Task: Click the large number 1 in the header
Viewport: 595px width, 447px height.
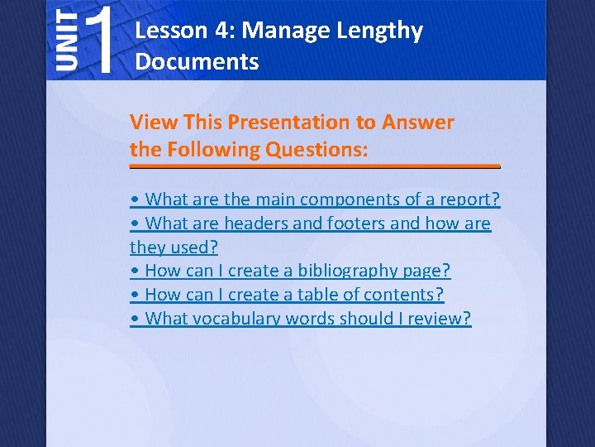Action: coord(99,39)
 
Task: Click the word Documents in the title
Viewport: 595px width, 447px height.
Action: coord(197,61)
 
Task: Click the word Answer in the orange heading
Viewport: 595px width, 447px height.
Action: coord(418,123)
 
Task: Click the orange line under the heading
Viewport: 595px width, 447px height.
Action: coord(315,166)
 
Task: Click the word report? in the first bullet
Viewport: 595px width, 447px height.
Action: coord(472,199)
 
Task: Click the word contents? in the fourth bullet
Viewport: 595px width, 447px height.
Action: coord(407,295)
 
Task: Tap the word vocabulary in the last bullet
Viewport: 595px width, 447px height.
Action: coord(235,319)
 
